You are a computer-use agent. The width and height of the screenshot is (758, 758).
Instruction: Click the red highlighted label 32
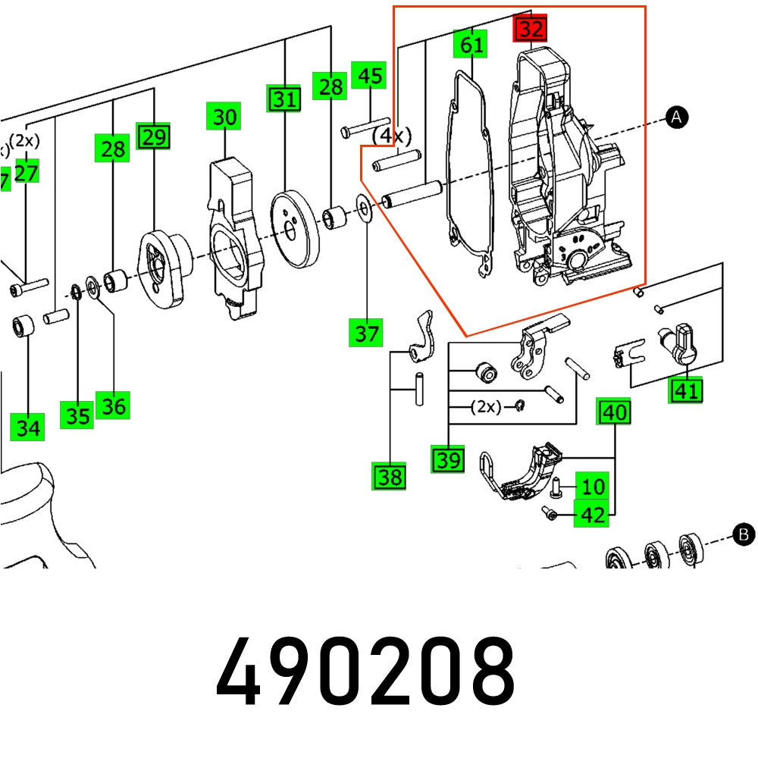tap(531, 30)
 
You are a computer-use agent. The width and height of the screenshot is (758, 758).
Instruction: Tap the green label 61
tap(471, 45)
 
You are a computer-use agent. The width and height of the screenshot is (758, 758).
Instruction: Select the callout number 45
tap(369, 77)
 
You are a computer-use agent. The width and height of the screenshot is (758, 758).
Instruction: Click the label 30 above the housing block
tap(224, 117)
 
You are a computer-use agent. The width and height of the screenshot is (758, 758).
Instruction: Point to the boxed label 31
tap(284, 99)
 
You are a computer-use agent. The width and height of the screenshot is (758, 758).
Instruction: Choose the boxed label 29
tap(153, 137)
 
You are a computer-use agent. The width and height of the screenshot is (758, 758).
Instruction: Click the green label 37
tap(367, 333)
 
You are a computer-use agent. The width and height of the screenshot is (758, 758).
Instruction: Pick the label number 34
tap(28, 428)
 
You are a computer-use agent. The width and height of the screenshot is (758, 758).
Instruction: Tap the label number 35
tap(77, 416)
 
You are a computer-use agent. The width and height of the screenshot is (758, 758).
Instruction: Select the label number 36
tap(113, 406)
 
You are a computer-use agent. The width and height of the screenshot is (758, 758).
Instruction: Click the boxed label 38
tap(390, 477)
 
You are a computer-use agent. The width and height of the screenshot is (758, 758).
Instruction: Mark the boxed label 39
tap(448, 459)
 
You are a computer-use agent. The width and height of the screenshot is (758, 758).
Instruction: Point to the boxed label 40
tap(614, 412)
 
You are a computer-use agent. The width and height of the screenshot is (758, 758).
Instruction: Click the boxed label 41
tap(686, 391)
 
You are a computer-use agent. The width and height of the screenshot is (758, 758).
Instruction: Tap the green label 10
tap(594, 485)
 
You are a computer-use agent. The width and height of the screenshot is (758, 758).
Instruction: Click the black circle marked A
tap(676, 116)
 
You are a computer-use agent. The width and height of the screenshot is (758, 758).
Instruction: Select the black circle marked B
tap(744, 535)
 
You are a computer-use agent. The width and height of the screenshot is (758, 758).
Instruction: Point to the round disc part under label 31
tap(296, 230)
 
